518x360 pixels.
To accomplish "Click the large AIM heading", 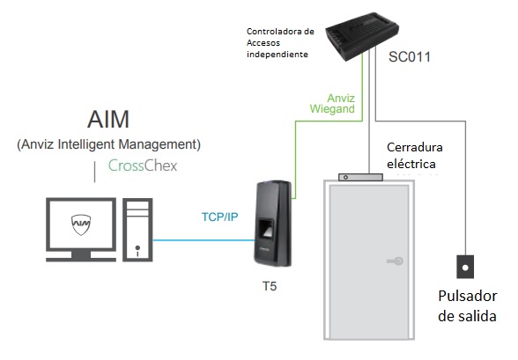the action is click(108, 119).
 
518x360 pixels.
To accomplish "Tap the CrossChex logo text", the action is click(143, 165).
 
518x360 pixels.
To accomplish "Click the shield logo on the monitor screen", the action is click(81, 224).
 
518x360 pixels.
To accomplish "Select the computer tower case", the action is click(137, 230).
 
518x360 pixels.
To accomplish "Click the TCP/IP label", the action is click(219, 217).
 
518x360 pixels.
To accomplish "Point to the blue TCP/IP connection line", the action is click(203, 240).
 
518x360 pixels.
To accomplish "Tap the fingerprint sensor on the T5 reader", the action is click(266, 230).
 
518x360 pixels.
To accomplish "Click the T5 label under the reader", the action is click(270, 286).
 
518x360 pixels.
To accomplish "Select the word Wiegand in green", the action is click(332, 108).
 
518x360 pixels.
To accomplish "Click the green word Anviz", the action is click(341, 98).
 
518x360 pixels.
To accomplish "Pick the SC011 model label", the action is click(410, 56).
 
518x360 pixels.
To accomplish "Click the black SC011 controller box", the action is click(362, 35).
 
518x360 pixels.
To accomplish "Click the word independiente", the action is click(277, 54).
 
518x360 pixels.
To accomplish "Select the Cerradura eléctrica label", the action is click(415, 155).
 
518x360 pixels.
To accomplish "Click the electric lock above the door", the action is click(360, 177).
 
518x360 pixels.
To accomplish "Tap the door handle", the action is click(395, 261).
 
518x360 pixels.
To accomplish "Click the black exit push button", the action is click(465, 267).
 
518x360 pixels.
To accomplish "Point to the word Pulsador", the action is click(468, 296).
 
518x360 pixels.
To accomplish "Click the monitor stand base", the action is click(81, 257).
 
